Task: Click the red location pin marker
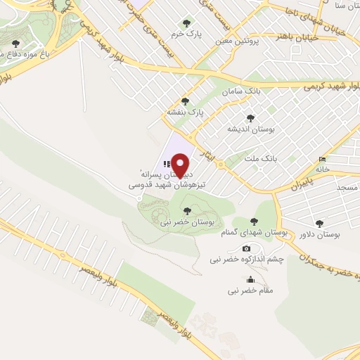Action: (x=181, y=166)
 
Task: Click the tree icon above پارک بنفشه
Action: (x=186, y=101)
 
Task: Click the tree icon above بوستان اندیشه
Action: (x=250, y=119)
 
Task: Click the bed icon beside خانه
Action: (x=323, y=159)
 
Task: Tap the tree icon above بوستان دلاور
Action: (x=320, y=224)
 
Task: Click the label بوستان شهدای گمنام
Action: (x=241, y=232)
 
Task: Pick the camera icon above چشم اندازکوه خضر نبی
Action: (x=246, y=248)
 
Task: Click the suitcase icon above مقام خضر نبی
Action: (x=251, y=280)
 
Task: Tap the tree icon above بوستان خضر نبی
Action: (x=186, y=210)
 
